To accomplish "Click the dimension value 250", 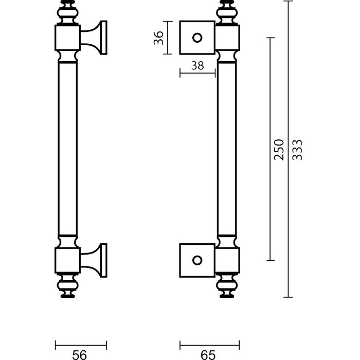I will coord(279,149).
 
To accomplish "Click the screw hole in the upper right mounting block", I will coord(196,38).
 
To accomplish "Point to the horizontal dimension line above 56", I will coord(81,344).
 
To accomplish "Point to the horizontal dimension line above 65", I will coord(210,344).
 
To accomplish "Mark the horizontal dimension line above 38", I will coord(197,74).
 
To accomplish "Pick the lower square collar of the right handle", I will coord(228,260).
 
